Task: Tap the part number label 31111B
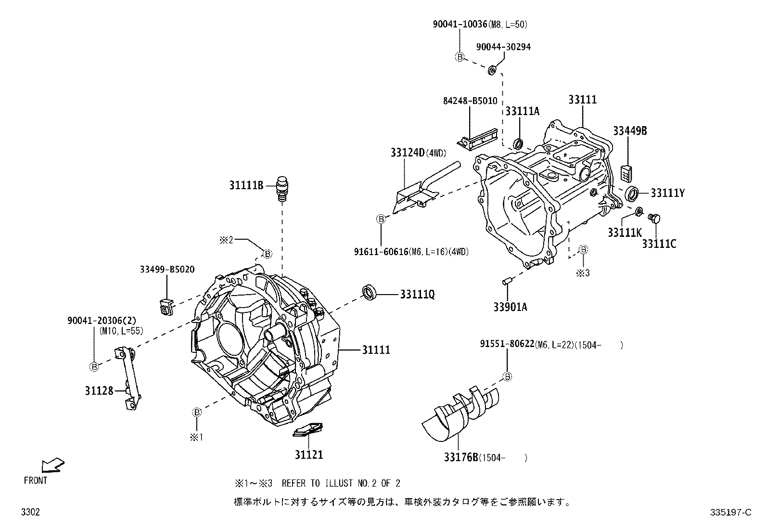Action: [x=246, y=184]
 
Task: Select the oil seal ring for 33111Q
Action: [x=370, y=293]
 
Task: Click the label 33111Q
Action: [x=417, y=294]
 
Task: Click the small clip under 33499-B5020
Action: [x=165, y=306]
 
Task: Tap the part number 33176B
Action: [x=460, y=457]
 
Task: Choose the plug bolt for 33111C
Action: [x=654, y=219]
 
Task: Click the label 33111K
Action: [x=624, y=232]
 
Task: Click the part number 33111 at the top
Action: [x=582, y=100]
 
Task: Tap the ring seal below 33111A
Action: [x=519, y=143]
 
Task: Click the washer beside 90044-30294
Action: [x=492, y=70]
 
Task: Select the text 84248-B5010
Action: [x=470, y=101]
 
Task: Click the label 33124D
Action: [x=407, y=153]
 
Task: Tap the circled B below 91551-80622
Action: [x=508, y=376]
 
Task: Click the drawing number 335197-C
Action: [x=730, y=513]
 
